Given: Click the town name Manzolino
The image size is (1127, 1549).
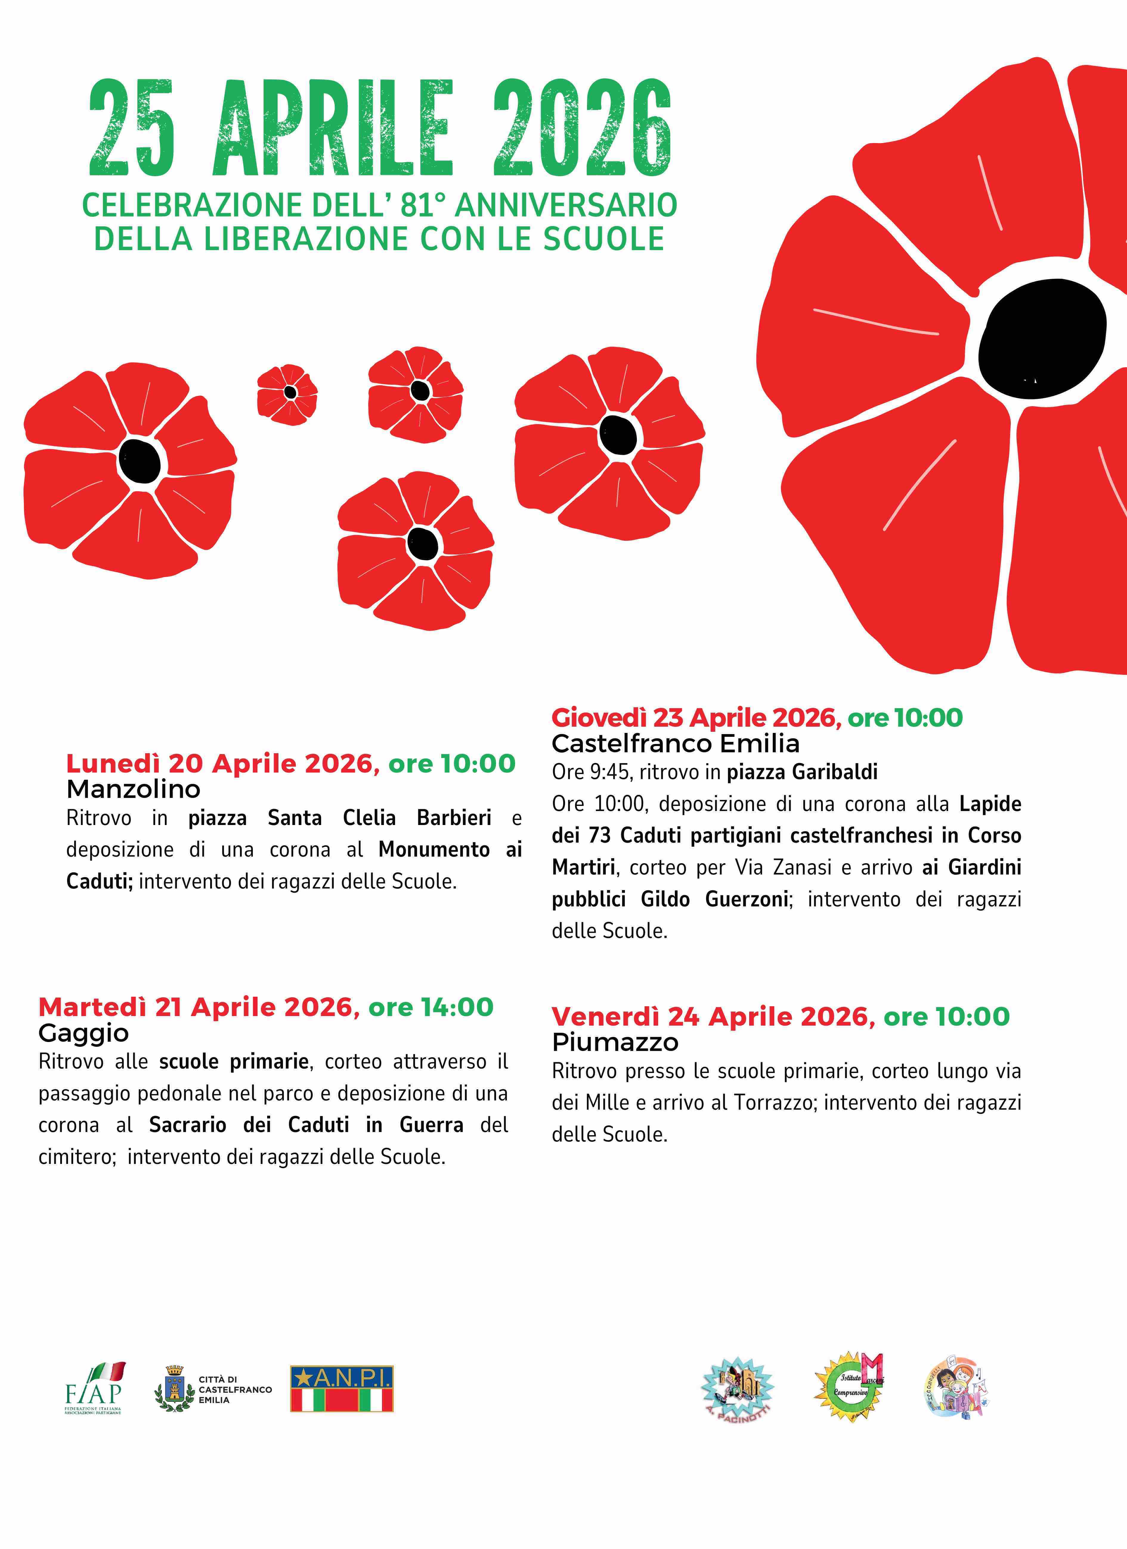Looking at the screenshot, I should coord(133,790).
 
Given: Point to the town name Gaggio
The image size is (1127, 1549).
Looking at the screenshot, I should coord(83,1033).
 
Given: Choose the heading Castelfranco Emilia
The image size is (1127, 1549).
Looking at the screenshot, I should coord(675,743).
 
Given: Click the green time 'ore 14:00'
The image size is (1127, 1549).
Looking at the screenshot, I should coord(430,1007).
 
